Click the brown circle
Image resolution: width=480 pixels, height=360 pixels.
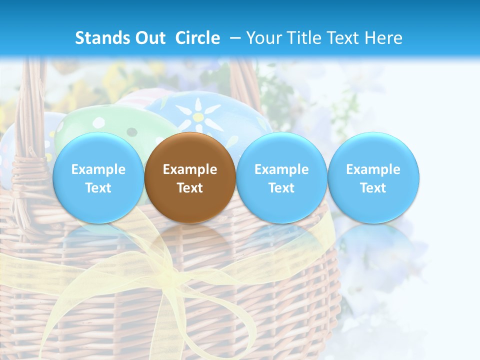coord(190,177)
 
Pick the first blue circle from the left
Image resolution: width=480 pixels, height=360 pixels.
coord(98,177)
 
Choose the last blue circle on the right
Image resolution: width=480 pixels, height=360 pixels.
coord(373,177)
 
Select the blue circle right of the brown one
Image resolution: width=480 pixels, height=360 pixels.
coord(281,177)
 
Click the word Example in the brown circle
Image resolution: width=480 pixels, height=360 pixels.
coord(190,169)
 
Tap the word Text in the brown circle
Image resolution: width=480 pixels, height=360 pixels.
coord(190,188)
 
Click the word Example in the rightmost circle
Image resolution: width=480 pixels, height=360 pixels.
coord(373,169)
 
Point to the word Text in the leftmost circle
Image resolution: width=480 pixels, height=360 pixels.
coord(98,188)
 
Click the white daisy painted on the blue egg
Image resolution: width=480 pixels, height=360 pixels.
coord(199,116)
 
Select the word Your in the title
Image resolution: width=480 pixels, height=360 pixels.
coord(264,38)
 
